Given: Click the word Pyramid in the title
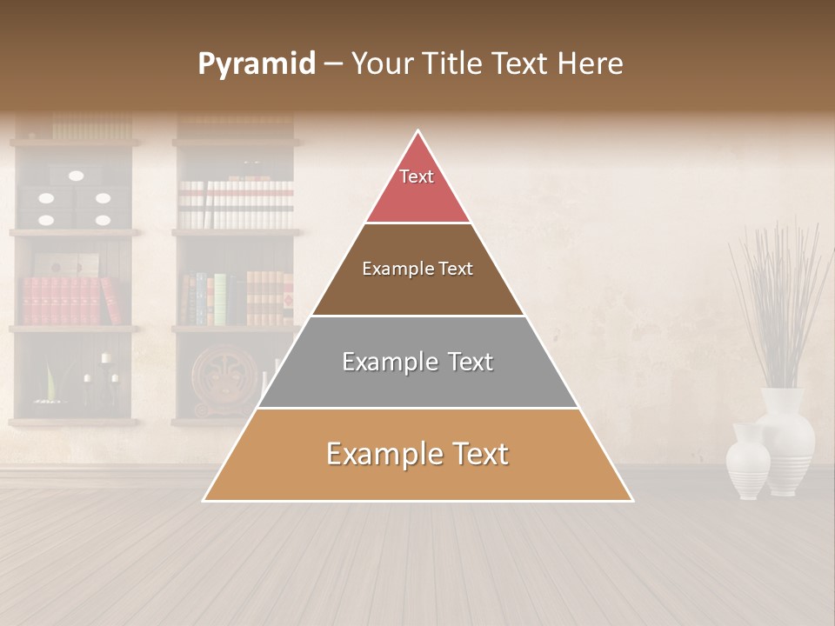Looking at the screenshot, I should [257, 63].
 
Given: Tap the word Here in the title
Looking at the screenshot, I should [591, 63].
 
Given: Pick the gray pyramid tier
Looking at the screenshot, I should [417, 383].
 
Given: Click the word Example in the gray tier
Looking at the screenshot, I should [384, 362].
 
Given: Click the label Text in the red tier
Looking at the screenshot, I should [417, 176].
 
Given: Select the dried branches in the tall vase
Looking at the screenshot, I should [778, 296].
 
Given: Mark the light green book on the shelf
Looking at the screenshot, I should [219, 299].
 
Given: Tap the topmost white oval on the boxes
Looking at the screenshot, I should [77, 176].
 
